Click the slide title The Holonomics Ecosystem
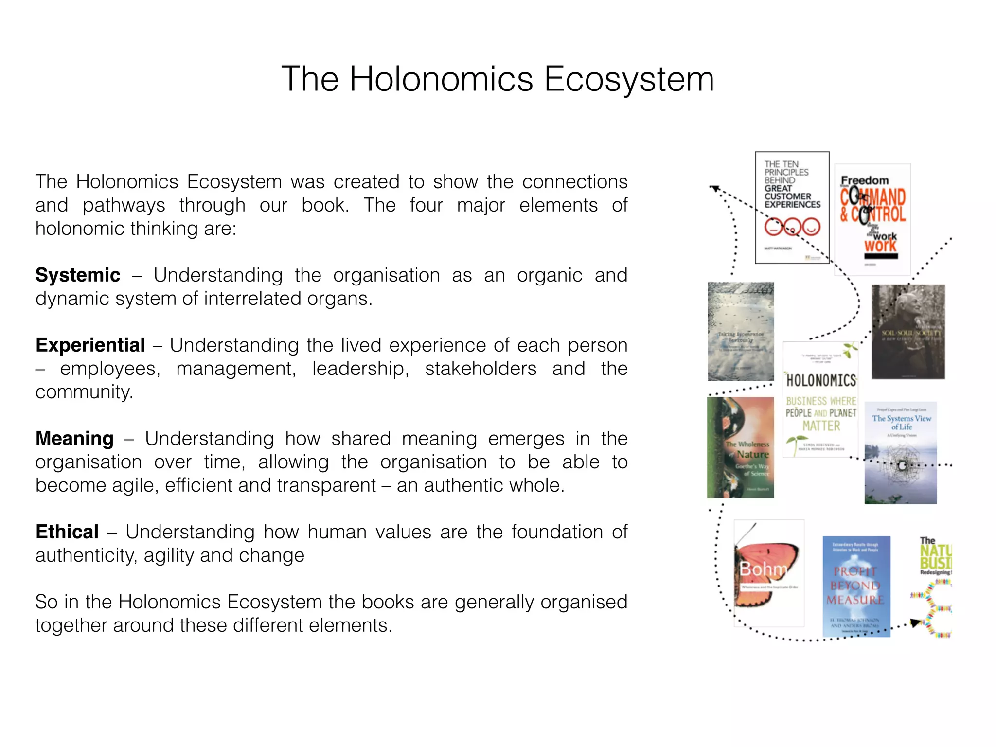(498, 79)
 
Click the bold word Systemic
(78, 275)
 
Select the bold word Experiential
(90, 345)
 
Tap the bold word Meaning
(74, 439)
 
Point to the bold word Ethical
(67, 532)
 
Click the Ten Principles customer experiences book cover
(792, 208)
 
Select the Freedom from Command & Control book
(872, 220)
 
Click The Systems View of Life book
(901, 453)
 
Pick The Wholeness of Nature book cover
(741, 447)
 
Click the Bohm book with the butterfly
(768, 573)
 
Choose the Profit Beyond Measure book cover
(856, 586)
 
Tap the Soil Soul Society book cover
(908, 332)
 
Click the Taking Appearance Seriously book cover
(741, 332)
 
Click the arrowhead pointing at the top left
(714, 188)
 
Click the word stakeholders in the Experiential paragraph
(480, 369)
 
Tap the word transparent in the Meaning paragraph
(320, 485)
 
